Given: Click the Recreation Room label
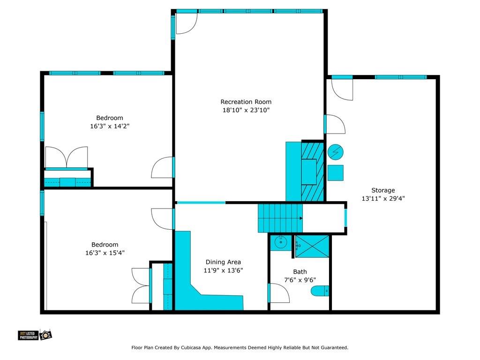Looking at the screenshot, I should (x=246, y=102).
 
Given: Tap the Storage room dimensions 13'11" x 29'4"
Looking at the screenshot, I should (x=383, y=198).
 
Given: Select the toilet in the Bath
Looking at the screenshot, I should (x=320, y=291).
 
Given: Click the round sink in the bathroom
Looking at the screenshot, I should (x=281, y=243).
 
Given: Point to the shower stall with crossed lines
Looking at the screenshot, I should (x=312, y=246).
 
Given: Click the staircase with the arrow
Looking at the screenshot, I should (x=280, y=218).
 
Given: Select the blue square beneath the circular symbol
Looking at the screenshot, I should (x=336, y=172).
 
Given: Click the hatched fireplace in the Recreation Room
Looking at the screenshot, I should (x=312, y=171).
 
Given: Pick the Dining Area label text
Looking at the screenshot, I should (x=223, y=262).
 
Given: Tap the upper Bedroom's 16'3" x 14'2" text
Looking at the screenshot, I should (x=110, y=126).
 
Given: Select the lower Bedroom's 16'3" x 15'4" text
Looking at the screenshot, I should (x=105, y=253).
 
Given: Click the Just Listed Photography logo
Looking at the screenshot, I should (x=35, y=335).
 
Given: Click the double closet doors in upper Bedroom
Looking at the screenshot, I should (x=66, y=157).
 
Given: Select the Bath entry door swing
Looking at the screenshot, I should (x=279, y=293).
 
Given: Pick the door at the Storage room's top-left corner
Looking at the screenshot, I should (x=342, y=89).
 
